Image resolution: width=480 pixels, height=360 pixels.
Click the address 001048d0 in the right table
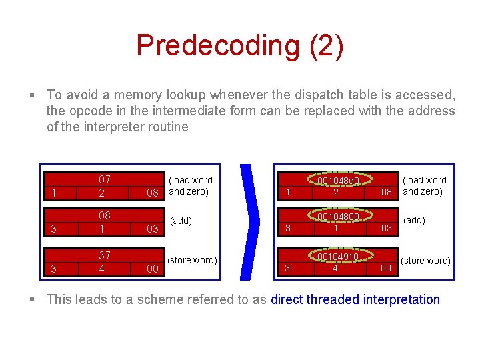tap(338, 181)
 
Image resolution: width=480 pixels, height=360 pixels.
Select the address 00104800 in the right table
tap(338, 217)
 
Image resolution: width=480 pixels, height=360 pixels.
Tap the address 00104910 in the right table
tap(337, 257)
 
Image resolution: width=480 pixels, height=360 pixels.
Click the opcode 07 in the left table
tap(105, 179)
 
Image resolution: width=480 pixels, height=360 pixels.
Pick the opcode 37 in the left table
tap(105, 255)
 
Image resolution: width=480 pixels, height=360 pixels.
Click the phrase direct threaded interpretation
tap(355, 299)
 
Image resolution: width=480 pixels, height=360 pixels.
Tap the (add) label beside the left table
tap(181, 221)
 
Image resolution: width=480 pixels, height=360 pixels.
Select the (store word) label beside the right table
tap(425, 261)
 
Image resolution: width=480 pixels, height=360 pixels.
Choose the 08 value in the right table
tap(386, 193)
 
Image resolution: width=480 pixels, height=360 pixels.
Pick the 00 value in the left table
tap(153, 269)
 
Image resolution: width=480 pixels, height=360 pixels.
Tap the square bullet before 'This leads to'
tap(33, 300)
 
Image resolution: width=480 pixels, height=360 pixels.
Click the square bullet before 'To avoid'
tap(33, 96)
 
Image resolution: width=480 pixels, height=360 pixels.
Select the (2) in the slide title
tap(327, 45)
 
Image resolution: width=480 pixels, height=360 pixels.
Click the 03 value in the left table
tap(153, 229)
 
